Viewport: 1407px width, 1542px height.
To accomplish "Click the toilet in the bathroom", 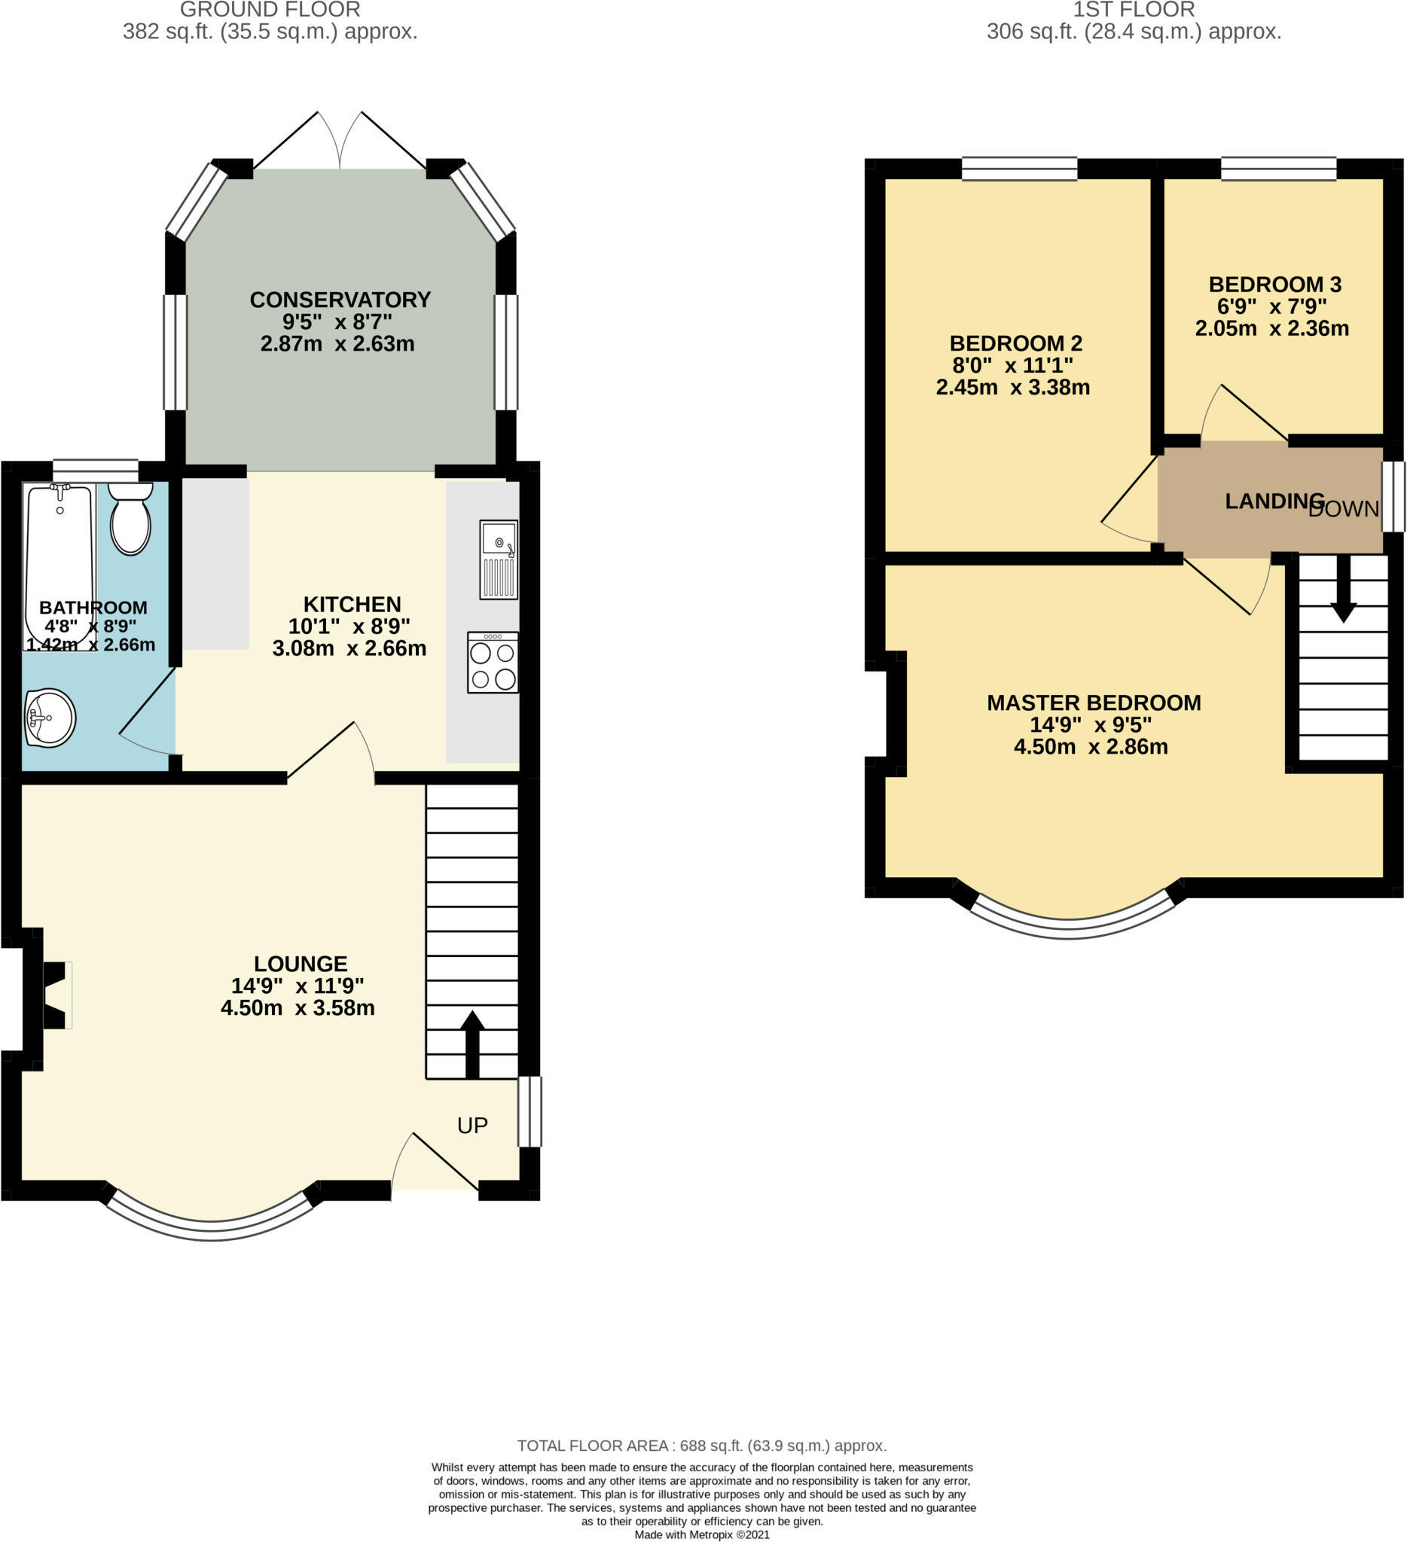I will coord(131,519).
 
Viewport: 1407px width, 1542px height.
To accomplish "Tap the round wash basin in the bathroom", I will coord(50,718).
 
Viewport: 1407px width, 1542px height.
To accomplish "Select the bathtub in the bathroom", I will coord(60,565).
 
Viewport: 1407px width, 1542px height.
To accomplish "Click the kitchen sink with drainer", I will coord(498,559).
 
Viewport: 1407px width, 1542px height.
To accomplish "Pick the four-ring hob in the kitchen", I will coord(493,663).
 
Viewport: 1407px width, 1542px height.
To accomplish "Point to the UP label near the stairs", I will coord(472,1125).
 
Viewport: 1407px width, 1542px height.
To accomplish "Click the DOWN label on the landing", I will coord(1344,510).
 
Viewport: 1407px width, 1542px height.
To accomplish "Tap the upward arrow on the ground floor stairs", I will coord(472,1045).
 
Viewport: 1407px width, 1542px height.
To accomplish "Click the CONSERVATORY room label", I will coord(340,300).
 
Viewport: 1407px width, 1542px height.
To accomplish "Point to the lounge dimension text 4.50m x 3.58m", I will coord(298,1008).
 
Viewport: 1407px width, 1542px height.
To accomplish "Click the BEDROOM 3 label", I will coord(1274,285).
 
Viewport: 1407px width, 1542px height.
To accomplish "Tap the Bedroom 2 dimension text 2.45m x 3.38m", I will coord(1013,388).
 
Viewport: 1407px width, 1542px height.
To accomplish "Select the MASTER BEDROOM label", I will coord(1094,703).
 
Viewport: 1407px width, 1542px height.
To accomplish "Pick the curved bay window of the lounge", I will coord(211,1230).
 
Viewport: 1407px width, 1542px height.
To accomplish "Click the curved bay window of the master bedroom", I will coord(1070,928).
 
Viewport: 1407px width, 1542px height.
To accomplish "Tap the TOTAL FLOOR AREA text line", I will coord(701,1446).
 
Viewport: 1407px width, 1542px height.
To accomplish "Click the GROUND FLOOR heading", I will coord(270,10).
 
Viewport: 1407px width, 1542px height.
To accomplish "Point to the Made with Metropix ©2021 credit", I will coord(701,1534).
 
